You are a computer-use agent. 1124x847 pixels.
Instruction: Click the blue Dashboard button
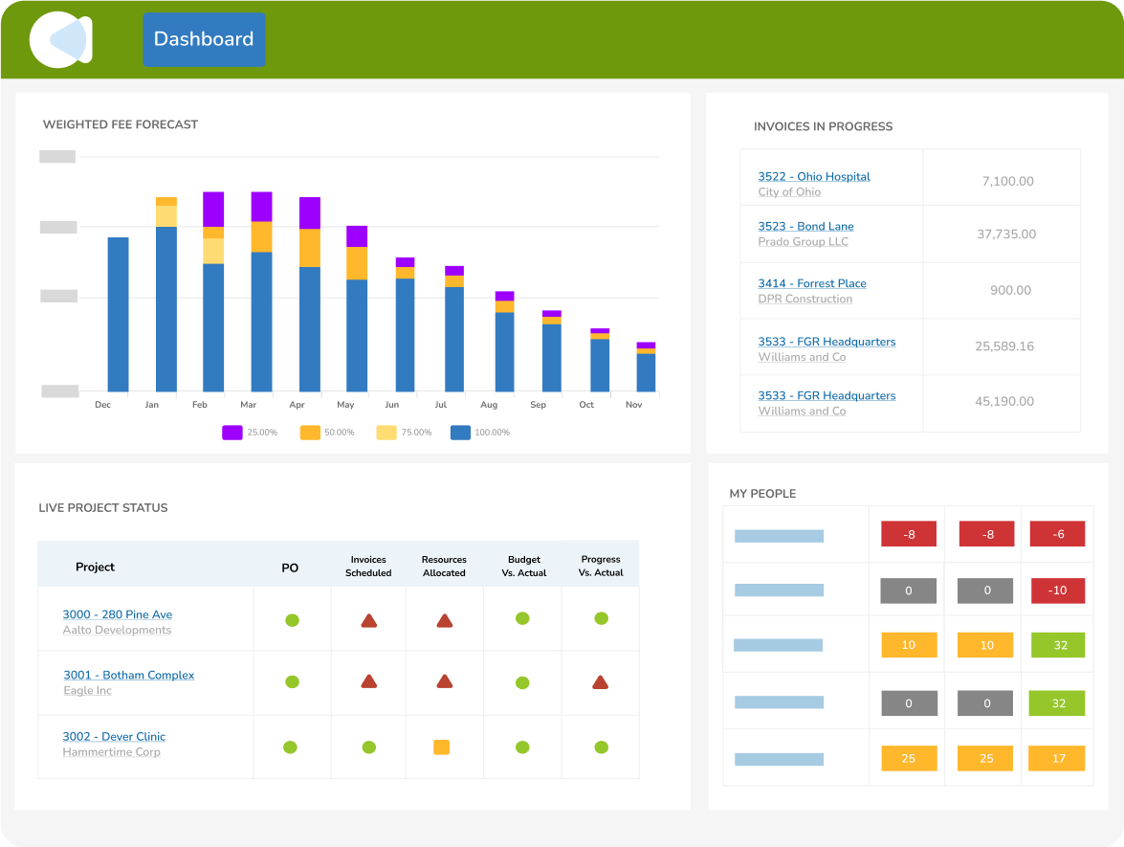pos(204,39)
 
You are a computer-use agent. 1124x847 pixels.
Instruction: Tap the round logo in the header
pos(60,39)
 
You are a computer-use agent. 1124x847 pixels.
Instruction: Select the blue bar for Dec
pos(118,314)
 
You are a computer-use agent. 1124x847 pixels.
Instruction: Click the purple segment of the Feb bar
pos(213,209)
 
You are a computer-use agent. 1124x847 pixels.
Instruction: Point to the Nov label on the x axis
pos(633,405)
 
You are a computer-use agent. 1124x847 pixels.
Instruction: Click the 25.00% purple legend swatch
pos(232,433)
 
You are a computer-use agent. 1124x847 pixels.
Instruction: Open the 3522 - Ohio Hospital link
pos(814,177)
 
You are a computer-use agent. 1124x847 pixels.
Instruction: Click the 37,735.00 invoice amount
pos(1006,234)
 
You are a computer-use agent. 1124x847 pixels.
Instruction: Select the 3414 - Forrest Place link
pos(812,284)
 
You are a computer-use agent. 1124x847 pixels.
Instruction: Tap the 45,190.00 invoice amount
pos(1004,402)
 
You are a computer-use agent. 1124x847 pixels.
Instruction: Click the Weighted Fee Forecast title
pos(121,124)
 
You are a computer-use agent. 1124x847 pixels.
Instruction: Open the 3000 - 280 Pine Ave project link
pos(118,614)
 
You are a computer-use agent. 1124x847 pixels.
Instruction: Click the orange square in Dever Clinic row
pos(441,747)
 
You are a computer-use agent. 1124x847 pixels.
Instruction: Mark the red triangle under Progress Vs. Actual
pos(600,682)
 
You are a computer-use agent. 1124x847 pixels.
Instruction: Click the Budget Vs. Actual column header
pos(524,566)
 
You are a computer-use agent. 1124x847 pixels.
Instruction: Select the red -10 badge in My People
pos(1057,591)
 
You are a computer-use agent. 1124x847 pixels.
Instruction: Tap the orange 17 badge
pos(1057,759)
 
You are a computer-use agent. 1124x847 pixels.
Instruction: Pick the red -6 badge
pos(1057,535)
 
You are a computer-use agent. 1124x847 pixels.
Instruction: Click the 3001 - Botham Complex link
pos(129,676)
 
